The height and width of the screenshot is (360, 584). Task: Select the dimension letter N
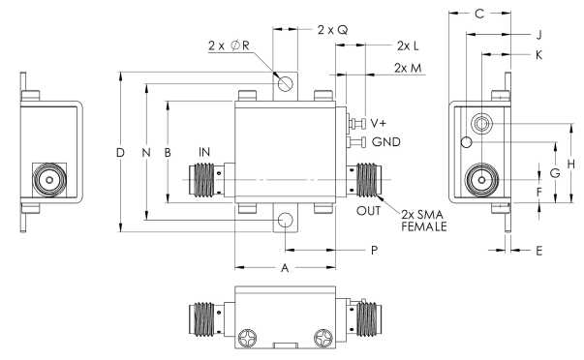click(146, 154)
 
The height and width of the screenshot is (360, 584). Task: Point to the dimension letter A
click(285, 270)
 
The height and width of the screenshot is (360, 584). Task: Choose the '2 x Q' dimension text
click(331, 30)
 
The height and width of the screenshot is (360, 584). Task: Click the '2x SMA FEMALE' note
click(421, 218)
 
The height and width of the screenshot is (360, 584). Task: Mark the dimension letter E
click(538, 249)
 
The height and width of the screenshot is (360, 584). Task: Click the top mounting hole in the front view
click(287, 84)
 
